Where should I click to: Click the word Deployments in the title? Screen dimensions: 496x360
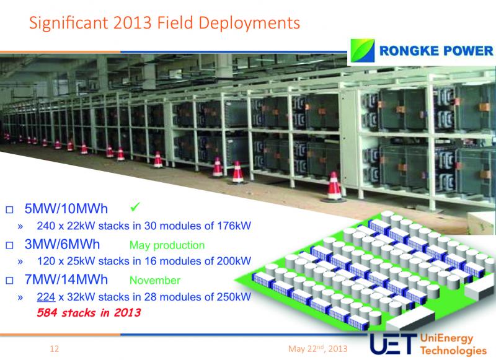point(250,24)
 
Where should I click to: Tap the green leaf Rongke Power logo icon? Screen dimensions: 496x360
point(363,51)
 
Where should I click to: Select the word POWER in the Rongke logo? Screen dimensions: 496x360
point(468,51)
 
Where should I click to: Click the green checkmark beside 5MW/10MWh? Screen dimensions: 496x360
point(135,207)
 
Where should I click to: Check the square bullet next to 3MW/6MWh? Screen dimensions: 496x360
point(9,245)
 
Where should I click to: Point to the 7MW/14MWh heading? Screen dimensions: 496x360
point(66,279)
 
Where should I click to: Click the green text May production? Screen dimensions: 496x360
point(167,245)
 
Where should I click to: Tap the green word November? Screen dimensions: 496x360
point(155,280)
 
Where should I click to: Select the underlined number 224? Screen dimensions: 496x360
point(46,297)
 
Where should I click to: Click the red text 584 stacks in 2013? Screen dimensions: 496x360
point(89,312)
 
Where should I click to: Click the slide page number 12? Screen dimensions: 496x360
point(54,349)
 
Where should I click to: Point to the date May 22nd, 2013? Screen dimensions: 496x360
point(317,349)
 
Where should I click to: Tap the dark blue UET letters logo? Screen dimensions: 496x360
point(392,344)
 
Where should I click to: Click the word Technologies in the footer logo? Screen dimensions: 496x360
point(453,351)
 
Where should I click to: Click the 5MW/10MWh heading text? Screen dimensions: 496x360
point(66,209)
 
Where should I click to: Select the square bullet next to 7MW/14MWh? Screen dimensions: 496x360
point(9,280)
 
